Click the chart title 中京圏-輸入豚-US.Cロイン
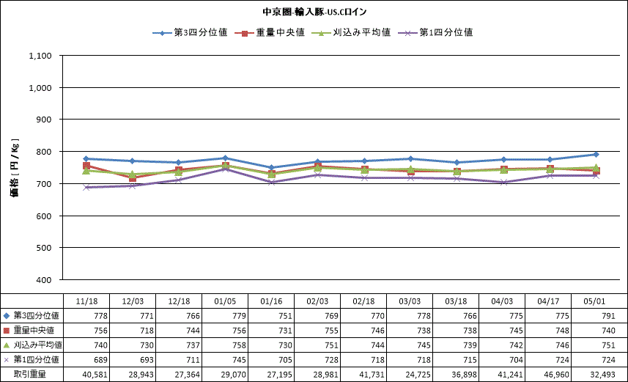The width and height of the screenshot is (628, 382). point(314,12)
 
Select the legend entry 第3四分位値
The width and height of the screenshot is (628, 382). point(191,32)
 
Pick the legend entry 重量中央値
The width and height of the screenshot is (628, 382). point(270,32)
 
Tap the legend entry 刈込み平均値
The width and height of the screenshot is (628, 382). point(351,32)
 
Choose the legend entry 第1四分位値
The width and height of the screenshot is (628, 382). point(435,32)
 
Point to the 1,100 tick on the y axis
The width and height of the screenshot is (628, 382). point(40,56)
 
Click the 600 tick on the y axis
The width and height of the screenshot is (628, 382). point(44,216)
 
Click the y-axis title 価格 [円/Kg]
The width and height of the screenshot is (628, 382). point(15,169)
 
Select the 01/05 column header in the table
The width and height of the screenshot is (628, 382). point(225,301)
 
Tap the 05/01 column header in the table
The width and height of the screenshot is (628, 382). point(594,301)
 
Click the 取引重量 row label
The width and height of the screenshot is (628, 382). point(29,375)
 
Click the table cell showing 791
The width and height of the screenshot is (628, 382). point(608,316)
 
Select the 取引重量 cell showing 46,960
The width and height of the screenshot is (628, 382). point(556,375)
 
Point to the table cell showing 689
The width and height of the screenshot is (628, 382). point(100,360)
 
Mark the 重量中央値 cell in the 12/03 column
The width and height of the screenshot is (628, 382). point(147,331)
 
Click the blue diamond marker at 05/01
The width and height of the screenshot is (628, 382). point(596,154)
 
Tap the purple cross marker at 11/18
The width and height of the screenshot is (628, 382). point(86,187)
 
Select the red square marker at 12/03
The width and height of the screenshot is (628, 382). point(133,177)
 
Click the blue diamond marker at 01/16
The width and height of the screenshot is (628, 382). point(271,168)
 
